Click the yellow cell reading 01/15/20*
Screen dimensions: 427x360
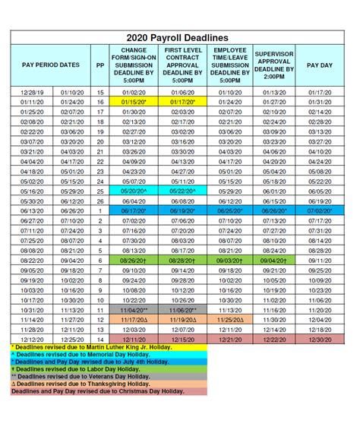coord(133,100)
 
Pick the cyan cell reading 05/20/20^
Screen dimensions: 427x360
coord(133,192)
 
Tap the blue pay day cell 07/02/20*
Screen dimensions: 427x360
coord(320,210)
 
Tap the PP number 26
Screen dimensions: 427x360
coord(100,201)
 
